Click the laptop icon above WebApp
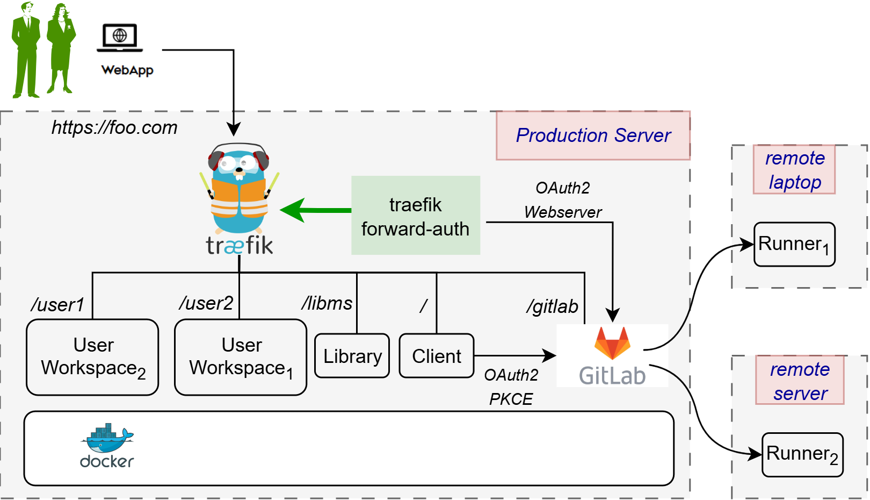(x=120, y=38)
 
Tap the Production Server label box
(x=593, y=135)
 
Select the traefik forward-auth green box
(x=415, y=216)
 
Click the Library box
(x=352, y=356)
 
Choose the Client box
(x=436, y=356)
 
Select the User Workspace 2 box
(x=92, y=357)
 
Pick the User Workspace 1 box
(x=241, y=357)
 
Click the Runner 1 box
(x=794, y=245)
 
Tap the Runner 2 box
(x=802, y=454)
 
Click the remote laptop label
(x=794, y=169)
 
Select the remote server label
(x=800, y=381)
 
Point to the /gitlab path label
(x=552, y=306)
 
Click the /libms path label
(x=327, y=303)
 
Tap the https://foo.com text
(x=114, y=128)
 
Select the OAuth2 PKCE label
(x=511, y=387)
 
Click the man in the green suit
(x=26, y=51)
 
